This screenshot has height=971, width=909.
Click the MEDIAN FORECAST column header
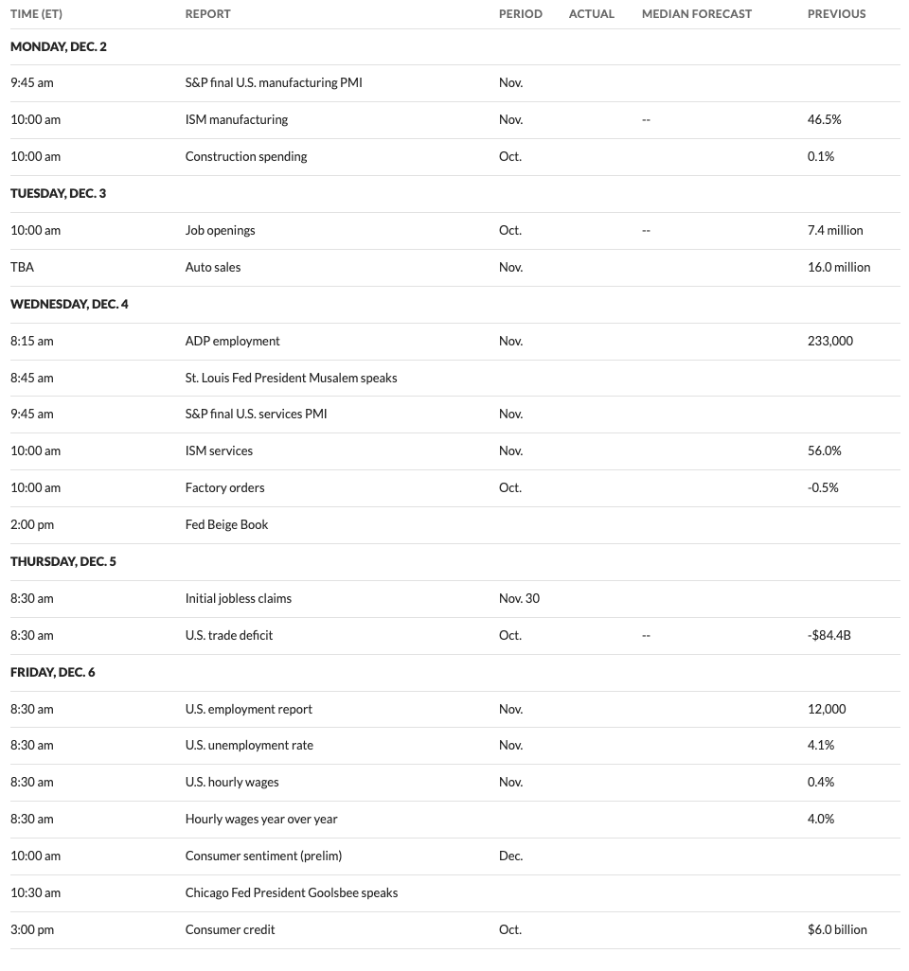click(696, 14)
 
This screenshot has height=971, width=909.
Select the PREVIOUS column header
click(836, 14)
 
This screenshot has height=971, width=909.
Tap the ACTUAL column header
click(591, 14)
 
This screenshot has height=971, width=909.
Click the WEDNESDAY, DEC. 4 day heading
click(69, 304)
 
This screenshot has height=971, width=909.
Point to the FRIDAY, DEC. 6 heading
click(53, 672)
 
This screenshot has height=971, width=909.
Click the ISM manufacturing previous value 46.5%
click(824, 120)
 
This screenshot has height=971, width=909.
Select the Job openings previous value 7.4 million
click(835, 230)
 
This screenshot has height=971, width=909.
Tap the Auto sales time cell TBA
click(22, 267)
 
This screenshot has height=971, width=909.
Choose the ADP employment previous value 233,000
click(829, 341)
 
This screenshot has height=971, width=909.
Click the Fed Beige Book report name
click(226, 524)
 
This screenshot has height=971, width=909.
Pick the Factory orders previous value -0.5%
click(823, 487)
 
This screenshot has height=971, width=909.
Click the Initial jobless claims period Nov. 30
click(519, 598)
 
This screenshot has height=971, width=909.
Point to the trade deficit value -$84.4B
click(829, 635)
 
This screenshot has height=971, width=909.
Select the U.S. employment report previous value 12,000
click(827, 709)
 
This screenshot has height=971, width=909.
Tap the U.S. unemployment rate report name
click(249, 745)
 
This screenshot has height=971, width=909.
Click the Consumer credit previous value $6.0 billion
click(837, 929)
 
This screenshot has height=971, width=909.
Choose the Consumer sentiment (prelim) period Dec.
click(510, 856)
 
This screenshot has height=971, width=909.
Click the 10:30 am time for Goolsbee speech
click(35, 892)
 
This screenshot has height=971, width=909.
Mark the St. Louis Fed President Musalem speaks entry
click(291, 378)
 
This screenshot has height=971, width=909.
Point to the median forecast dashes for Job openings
click(646, 230)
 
